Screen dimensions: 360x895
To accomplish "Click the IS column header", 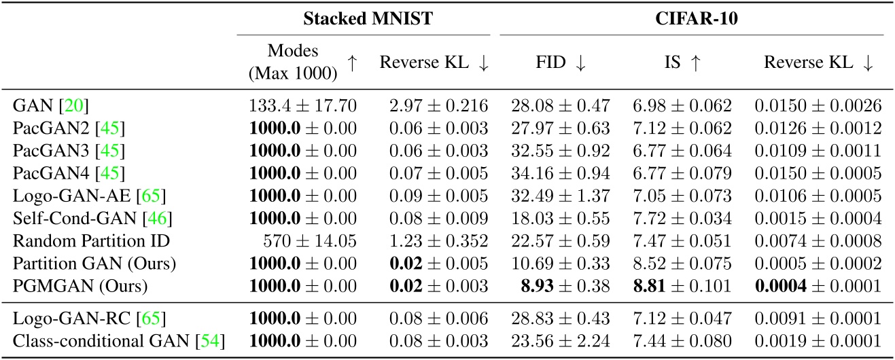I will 684,62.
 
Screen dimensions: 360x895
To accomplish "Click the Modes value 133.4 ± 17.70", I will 302,105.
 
